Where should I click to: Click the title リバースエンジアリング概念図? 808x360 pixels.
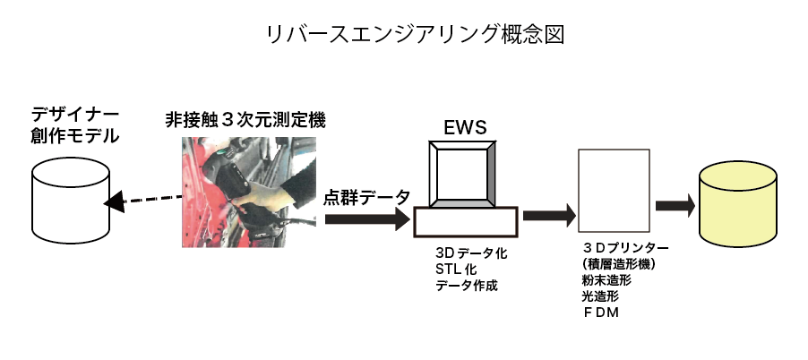click(x=403, y=34)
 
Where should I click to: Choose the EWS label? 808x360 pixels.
click(x=465, y=128)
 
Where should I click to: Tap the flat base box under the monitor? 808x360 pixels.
click(x=465, y=222)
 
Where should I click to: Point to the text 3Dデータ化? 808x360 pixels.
click(x=470, y=253)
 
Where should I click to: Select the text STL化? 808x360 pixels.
click(x=457, y=270)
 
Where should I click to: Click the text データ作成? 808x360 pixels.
click(x=465, y=286)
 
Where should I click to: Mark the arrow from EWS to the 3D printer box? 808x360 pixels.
click(x=549, y=215)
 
